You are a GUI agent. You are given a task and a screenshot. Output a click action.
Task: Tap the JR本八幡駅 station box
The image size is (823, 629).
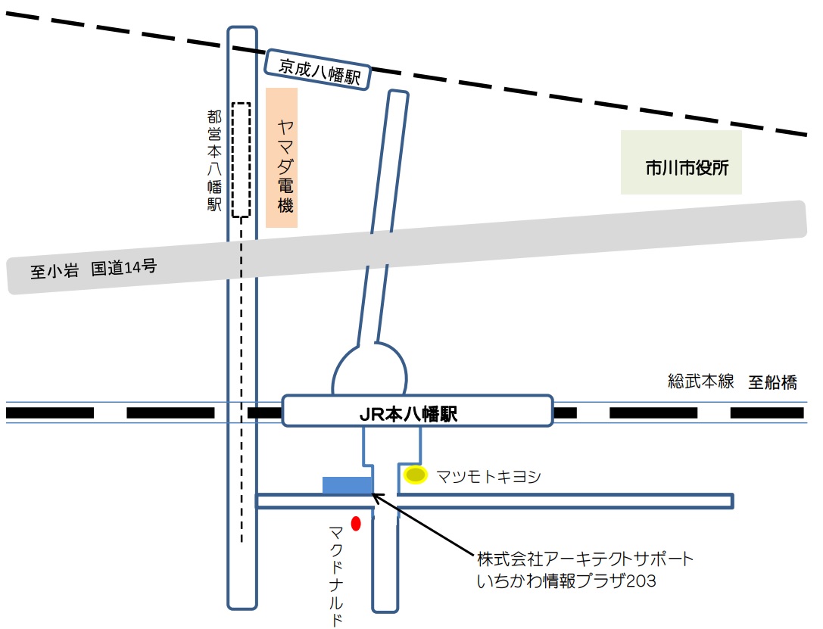[417, 413]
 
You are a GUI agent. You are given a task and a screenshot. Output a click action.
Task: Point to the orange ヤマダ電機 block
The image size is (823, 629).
[282, 157]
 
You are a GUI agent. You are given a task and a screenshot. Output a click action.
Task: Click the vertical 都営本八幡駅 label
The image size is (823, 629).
[214, 160]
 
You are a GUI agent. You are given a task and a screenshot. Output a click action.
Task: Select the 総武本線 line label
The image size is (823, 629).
[701, 381]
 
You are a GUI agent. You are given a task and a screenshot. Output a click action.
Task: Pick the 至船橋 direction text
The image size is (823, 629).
[773, 382]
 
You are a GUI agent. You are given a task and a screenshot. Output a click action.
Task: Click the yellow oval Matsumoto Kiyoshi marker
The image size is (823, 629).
[416, 475]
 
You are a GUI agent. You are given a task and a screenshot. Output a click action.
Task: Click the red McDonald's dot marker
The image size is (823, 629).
[356, 522]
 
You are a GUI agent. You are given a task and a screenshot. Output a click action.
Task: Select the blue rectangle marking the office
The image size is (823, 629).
[348, 485]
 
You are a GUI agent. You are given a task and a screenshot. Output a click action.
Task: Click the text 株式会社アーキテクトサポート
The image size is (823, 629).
[585, 559]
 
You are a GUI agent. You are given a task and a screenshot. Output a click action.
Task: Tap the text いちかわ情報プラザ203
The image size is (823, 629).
[566, 581]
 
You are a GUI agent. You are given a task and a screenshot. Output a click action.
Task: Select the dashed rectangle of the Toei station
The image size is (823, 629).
[241, 160]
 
